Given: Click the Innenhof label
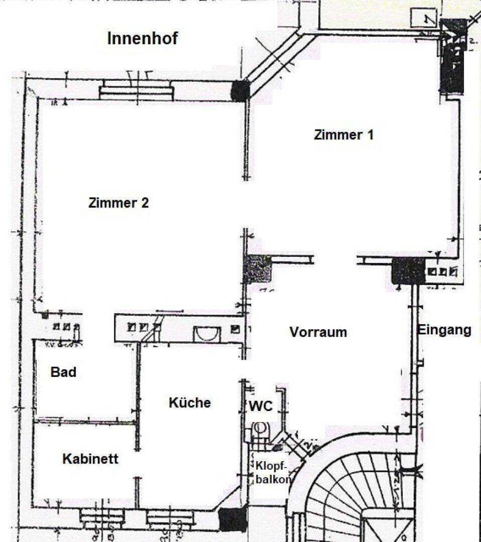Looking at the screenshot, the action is point(142,38).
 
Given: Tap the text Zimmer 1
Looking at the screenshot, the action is point(343,134).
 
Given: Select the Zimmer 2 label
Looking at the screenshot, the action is point(118,203).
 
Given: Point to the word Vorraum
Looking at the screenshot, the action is point(318,332).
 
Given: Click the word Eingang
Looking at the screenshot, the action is point(444,330).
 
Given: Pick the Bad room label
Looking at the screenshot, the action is point(63,372).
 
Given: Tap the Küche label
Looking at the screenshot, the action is point(190,402).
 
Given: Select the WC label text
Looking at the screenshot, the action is point(261,406).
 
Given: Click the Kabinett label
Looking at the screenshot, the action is point(90,459).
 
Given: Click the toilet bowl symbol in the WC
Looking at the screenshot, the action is point(260,430).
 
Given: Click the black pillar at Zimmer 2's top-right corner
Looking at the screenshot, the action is point(240,90).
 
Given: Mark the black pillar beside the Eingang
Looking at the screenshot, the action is point(408,271).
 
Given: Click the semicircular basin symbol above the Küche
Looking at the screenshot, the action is point(207,334).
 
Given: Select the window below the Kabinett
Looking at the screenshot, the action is point(102,517).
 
